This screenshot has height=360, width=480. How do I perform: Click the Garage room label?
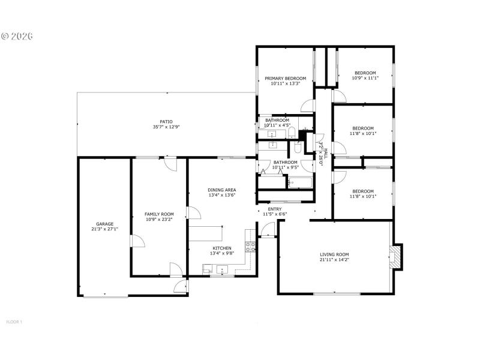pos(104,224)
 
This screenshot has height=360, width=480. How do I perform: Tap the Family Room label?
pos(159,214)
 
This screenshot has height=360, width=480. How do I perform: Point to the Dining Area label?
pos(221,190)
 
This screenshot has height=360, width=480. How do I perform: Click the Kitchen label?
pos(221,248)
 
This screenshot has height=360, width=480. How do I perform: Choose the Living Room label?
pos(334,254)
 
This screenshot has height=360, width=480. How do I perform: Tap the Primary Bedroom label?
pos(286,78)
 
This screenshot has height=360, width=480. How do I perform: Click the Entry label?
pos(275,209)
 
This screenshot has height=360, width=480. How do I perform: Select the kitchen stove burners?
pos(251,245)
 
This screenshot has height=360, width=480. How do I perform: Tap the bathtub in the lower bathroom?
pos(299,182)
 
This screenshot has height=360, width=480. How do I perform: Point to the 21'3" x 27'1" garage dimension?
pos(104,229)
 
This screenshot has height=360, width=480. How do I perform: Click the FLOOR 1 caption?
pos(14,322)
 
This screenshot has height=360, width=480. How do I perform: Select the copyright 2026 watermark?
pos(17,36)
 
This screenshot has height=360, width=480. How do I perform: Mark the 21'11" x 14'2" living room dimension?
pos(334,260)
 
